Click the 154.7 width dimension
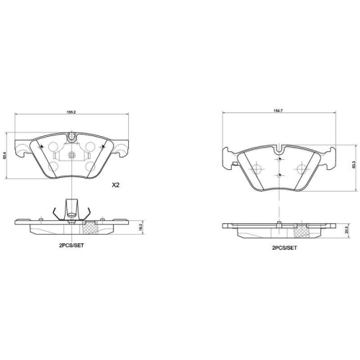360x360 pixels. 277,112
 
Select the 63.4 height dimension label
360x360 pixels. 6,154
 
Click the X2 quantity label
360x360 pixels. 115,185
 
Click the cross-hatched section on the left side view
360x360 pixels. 91,230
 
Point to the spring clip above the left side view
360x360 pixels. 71,209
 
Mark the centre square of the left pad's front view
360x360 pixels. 71,154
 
